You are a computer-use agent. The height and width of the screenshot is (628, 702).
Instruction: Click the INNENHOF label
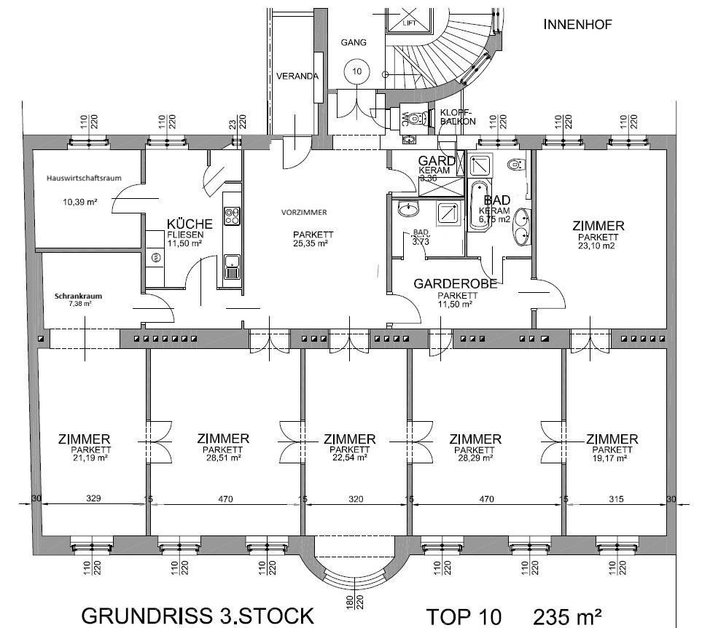pos(578,25)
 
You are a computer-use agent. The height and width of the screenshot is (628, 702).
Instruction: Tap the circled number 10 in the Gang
pos(356,71)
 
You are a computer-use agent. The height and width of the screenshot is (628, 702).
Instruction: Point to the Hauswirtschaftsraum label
pos(77,178)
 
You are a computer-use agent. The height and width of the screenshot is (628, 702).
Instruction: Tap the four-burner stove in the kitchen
pos(233,215)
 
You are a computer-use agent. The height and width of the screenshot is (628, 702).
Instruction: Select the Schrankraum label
pos(77,297)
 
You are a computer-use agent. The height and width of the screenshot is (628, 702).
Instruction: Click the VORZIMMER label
pos(304,212)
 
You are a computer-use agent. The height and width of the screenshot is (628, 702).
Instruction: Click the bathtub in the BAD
pos(478,205)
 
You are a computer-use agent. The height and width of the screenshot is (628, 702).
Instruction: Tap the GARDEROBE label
pos(456,284)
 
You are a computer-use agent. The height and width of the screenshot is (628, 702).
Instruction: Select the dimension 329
pos(93,499)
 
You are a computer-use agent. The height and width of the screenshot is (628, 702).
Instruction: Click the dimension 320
pos(355,499)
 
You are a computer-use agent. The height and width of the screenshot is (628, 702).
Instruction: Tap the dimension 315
pos(617,499)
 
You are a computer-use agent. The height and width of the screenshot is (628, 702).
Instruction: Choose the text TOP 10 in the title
pos(464,616)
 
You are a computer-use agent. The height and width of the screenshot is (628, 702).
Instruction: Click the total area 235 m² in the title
pos(567,616)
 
